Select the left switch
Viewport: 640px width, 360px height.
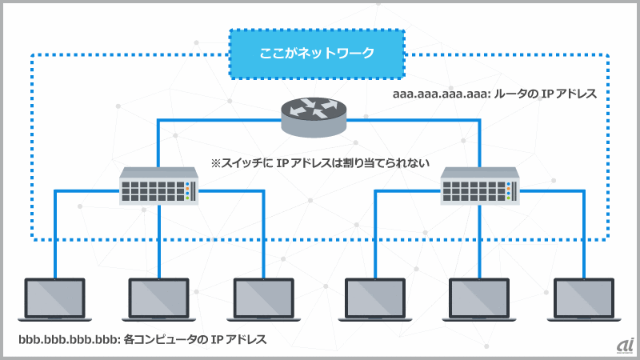tap(158, 186)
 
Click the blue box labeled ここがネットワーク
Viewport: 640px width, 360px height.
tap(318, 54)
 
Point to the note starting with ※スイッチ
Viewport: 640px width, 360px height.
tap(320, 162)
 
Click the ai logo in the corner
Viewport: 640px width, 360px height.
tap(625, 343)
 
